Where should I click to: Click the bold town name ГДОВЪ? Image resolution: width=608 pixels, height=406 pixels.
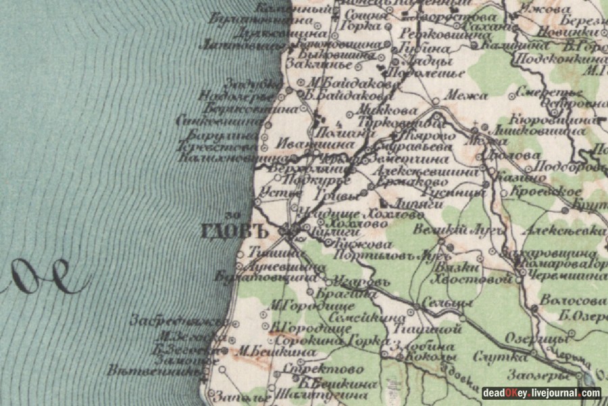(232, 231)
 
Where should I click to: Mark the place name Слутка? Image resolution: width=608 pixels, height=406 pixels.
(490, 357)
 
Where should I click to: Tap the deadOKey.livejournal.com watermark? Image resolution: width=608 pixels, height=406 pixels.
(540, 392)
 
